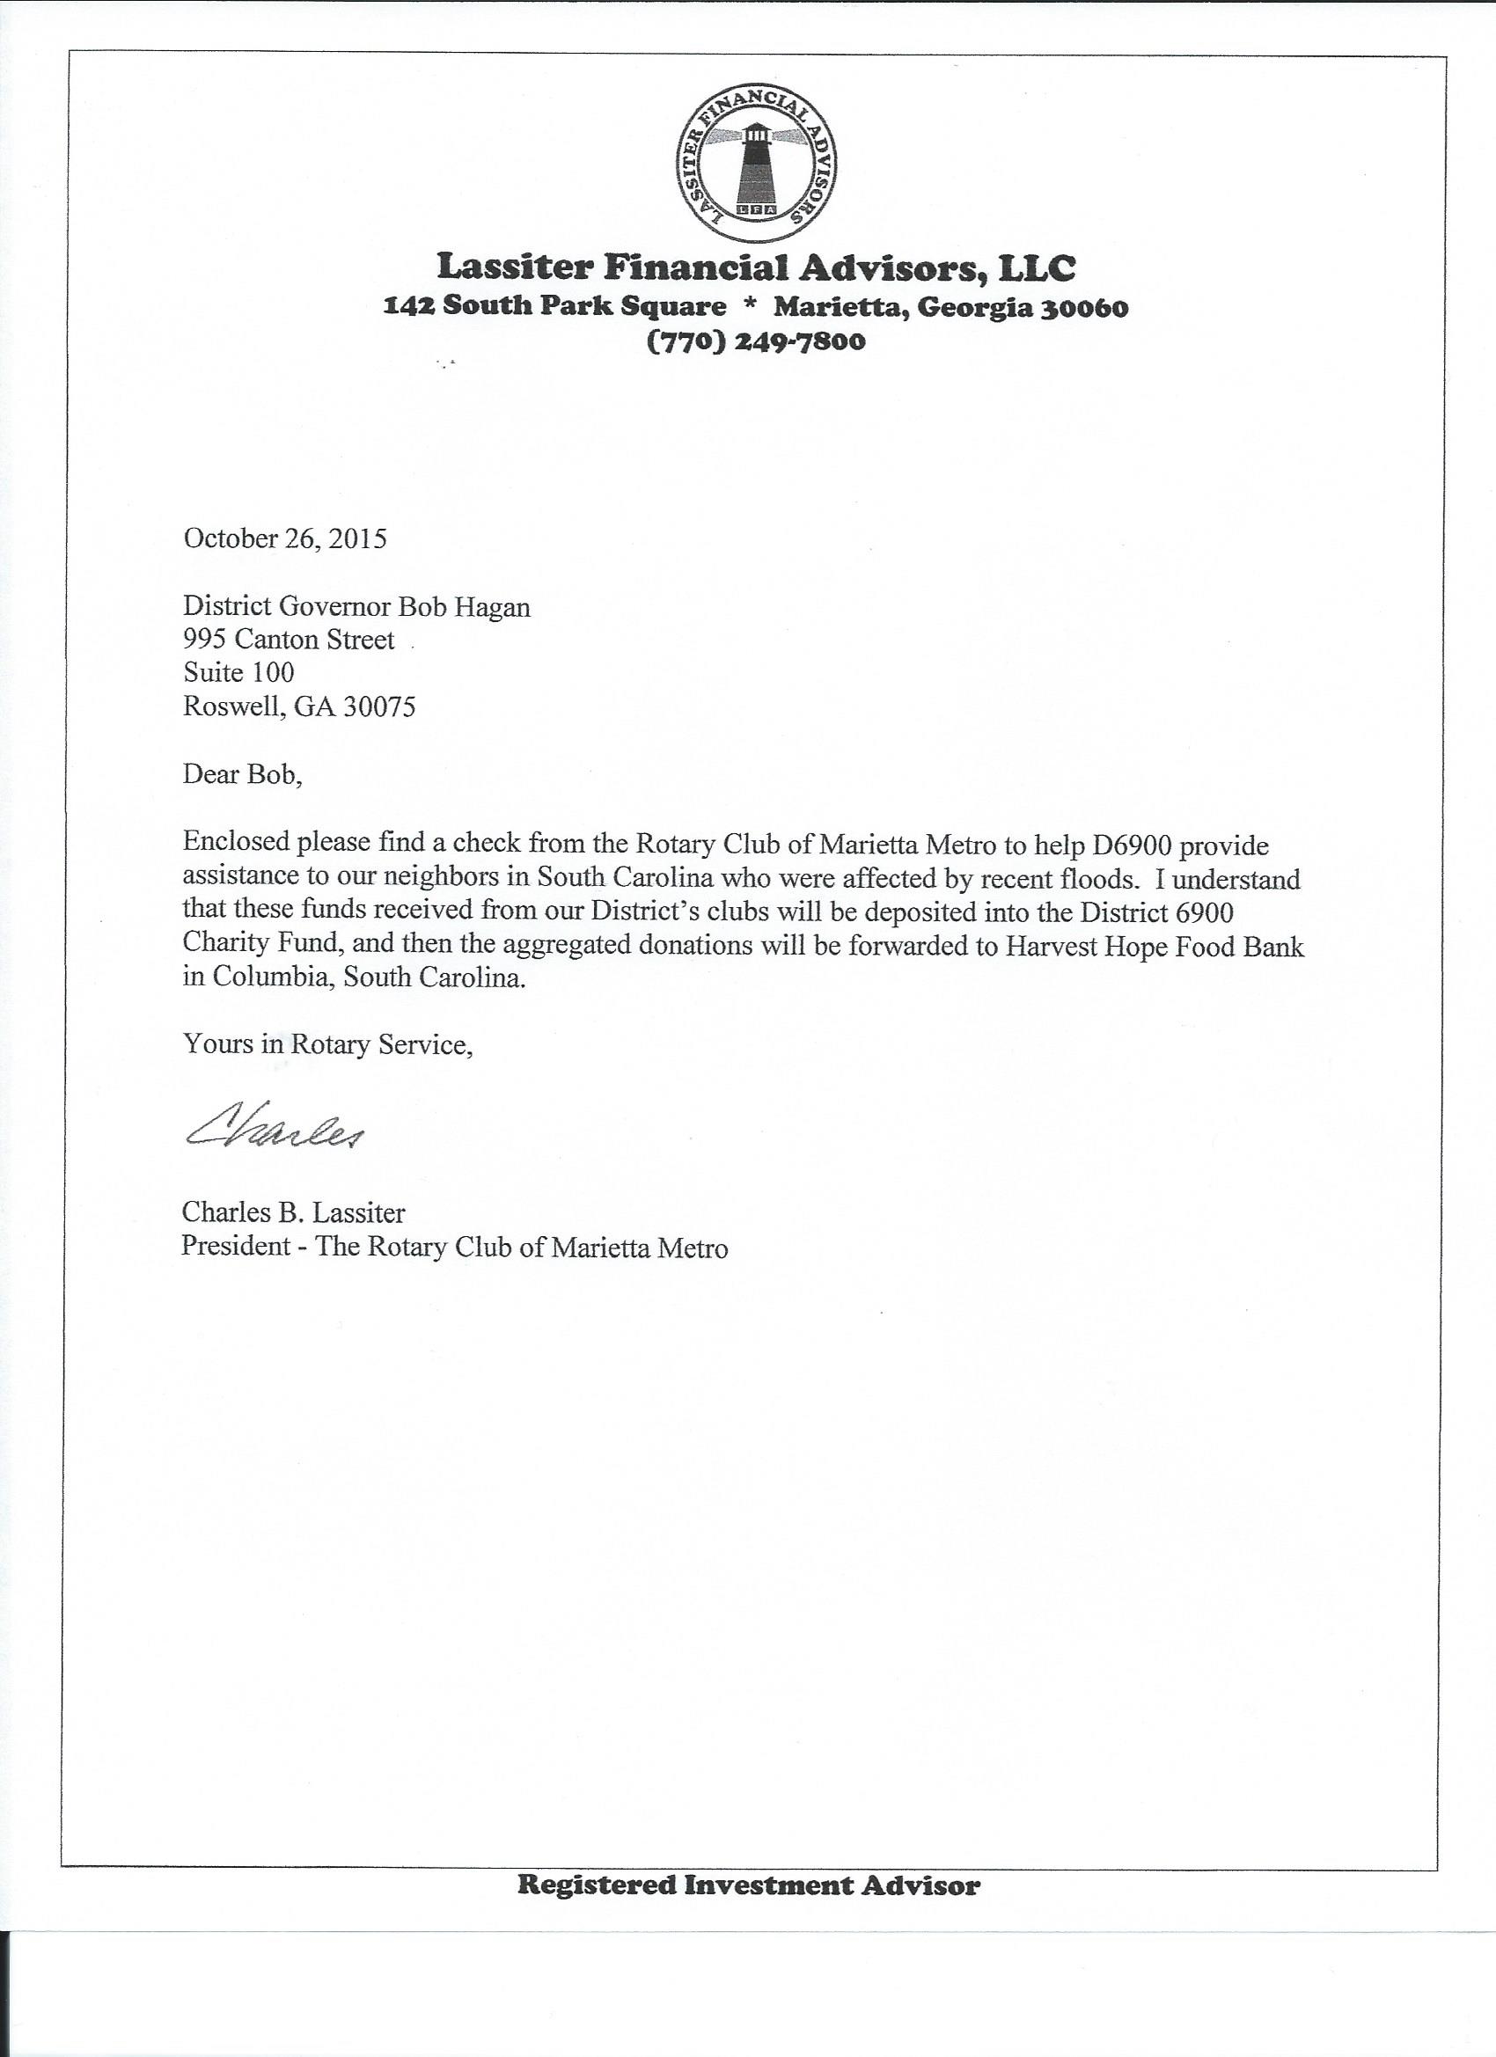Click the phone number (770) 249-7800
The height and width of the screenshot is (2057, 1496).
click(x=756, y=342)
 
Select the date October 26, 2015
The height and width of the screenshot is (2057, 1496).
click(x=285, y=538)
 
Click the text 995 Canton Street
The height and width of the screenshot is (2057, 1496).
click(x=289, y=640)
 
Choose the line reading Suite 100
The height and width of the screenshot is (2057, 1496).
click(x=238, y=672)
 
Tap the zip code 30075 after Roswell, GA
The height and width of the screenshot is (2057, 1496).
click(x=378, y=706)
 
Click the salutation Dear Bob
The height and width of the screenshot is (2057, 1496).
click(x=241, y=774)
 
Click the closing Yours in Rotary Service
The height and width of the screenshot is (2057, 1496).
click(x=327, y=1044)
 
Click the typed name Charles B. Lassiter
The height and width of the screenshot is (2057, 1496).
click(x=294, y=1212)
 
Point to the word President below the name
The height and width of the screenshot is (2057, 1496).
click(x=236, y=1247)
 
